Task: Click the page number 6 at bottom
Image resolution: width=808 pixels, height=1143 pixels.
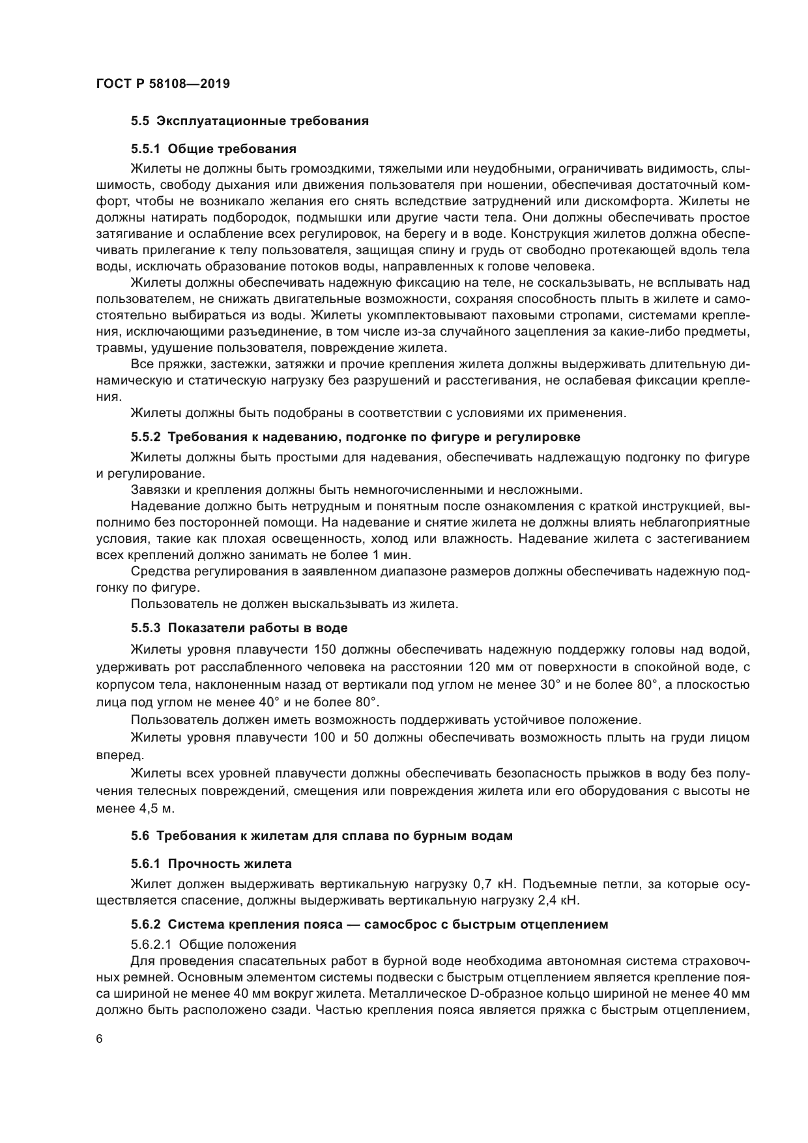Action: (x=100, y=1039)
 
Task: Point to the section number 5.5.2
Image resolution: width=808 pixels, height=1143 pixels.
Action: (x=147, y=436)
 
